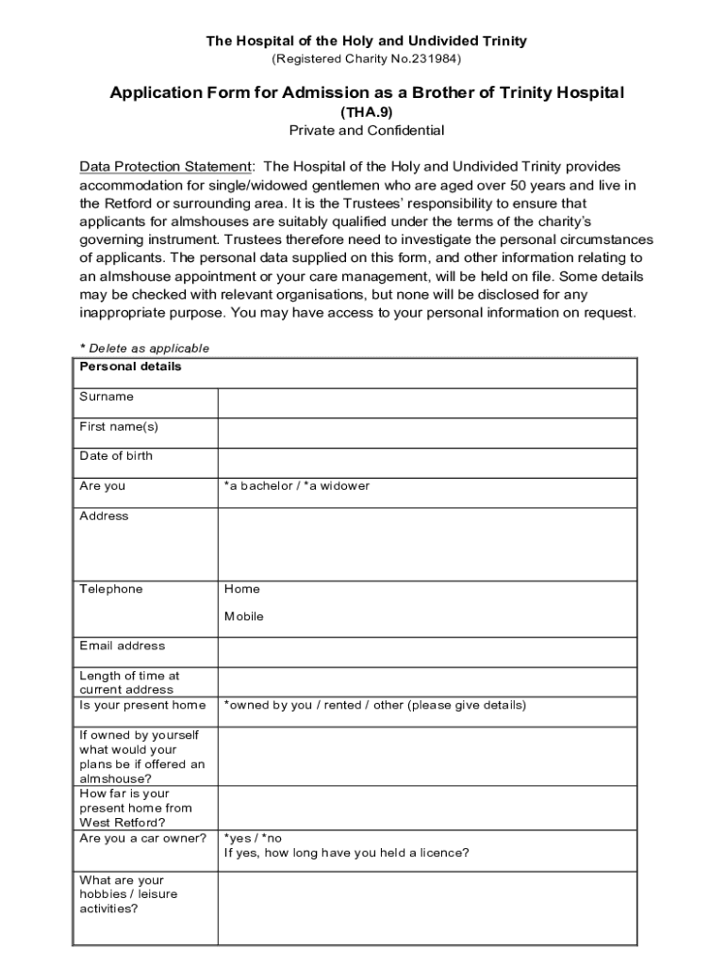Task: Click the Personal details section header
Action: click(x=131, y=367)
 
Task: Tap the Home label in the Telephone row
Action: click(x=242, y=589)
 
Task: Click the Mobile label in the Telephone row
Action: click(x=244, y=616)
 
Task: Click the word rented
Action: click(x=343, y=705)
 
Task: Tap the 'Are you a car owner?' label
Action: click(x=143, y=838)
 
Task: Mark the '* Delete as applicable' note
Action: click(x=144, y=349)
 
